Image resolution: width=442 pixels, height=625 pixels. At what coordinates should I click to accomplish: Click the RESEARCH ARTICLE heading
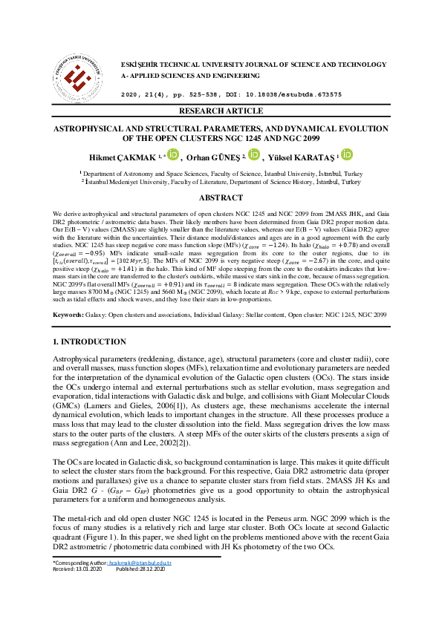[x=221, y=111]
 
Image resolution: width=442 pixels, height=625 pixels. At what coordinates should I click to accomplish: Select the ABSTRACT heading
[x=221, y=197]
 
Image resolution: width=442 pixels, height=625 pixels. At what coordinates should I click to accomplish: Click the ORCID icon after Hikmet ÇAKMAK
[x=173, y=155]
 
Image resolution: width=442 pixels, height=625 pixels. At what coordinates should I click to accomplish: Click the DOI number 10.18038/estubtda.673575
[x=301, y=95]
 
